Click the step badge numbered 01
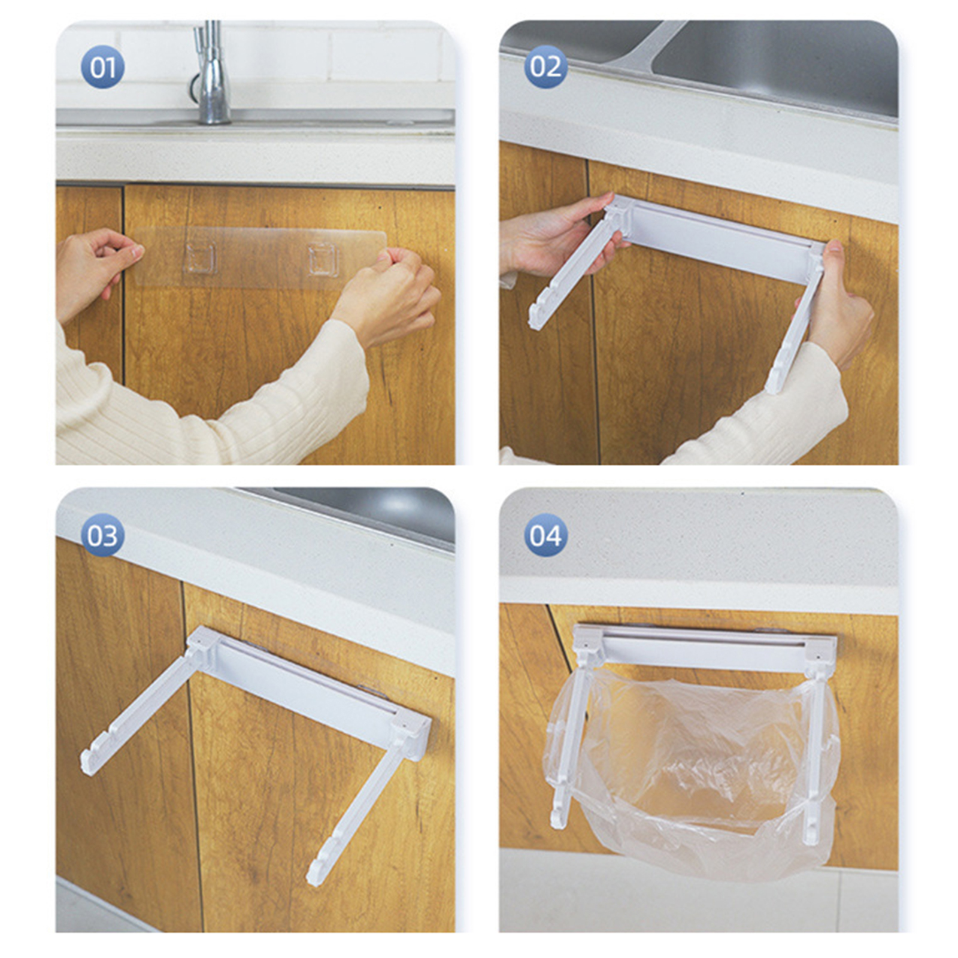pyautogui.click(x=102, y=67)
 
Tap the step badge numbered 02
pyautogui.click(x=545, y=67)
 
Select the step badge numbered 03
pyautogui.click(x=102, y=535)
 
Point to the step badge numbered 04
pyautogui.click(x=545, y=535)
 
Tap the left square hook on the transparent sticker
pyautogui.click(x=200, y=258)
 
